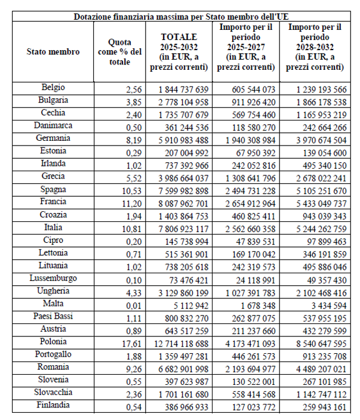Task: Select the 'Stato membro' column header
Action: pyautogui.click(x=53, y=52)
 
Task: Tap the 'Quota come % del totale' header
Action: pyautogui.click(x=120, y=52)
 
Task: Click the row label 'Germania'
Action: pyautogui.click(x=53, y=138)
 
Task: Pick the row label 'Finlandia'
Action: pyautogui.click(x=53, y=405)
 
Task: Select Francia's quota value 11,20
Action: pyautogui.click(x=128, y=202)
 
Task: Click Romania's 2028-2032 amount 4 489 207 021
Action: pyautogui.click(x=316, y=368)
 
